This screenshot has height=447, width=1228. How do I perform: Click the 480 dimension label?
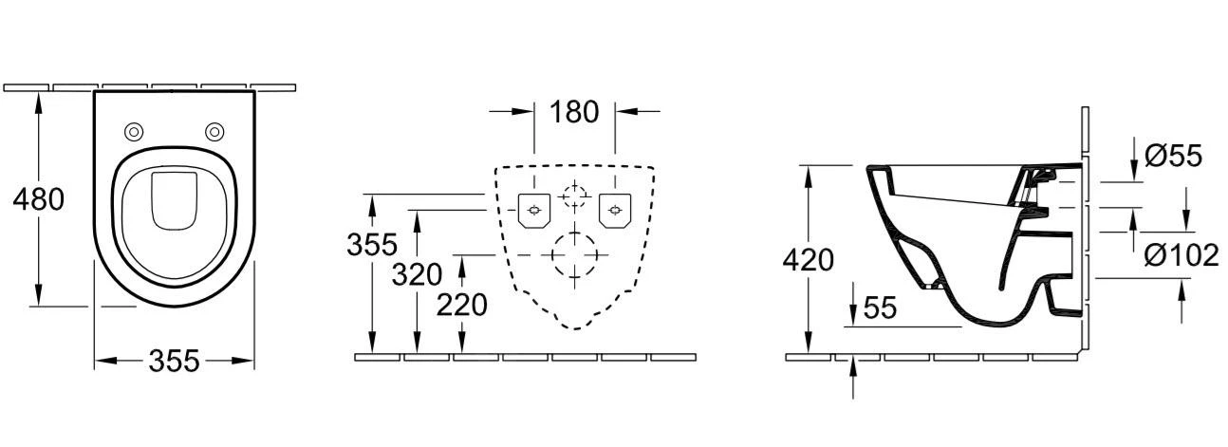38,199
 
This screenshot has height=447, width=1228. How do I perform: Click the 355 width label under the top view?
175,361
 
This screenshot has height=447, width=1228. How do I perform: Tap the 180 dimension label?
574,112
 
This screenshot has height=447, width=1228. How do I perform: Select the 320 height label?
417,274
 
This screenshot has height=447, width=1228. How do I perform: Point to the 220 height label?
461,305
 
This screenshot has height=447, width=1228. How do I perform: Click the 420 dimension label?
808,260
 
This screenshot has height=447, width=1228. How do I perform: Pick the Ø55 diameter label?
1173,156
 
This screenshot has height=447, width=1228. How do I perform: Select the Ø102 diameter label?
1181,255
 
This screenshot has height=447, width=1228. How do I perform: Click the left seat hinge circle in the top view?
135,132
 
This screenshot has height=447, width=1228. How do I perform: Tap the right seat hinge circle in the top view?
214,132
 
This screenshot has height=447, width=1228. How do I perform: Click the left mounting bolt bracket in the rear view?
534,210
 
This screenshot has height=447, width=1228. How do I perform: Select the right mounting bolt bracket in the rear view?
615,210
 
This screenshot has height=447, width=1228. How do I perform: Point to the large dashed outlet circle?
574,255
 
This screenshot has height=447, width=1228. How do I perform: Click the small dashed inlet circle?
574,195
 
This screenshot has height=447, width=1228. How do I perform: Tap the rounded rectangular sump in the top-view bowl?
175,201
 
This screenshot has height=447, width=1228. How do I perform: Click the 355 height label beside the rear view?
372,245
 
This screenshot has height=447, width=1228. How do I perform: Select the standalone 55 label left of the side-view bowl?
880,307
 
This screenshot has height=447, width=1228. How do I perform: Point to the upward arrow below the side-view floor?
853,377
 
